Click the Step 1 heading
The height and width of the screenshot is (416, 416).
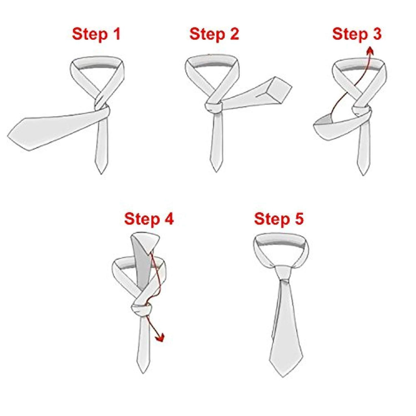[96, 34]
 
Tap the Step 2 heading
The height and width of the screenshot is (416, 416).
[214, 34]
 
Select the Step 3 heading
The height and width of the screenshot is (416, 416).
[357, 34]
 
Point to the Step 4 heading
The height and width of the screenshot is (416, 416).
[149, 219]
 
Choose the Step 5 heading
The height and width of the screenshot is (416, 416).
[279, 219]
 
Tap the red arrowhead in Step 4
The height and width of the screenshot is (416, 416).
[160, 338]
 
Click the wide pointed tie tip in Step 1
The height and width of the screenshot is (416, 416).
[9, 136]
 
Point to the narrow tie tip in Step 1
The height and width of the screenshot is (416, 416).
[101, 173]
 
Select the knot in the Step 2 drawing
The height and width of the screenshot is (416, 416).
[214, 107]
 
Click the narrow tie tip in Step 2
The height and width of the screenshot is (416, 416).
[216, 172]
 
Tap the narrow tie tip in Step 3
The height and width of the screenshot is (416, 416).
[363, 175]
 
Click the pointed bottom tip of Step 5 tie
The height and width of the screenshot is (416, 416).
[283, 377]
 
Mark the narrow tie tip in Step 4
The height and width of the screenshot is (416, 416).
[143, 373]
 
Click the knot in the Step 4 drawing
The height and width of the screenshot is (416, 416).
[142, 309]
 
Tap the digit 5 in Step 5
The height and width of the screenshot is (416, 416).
[299, 219]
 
